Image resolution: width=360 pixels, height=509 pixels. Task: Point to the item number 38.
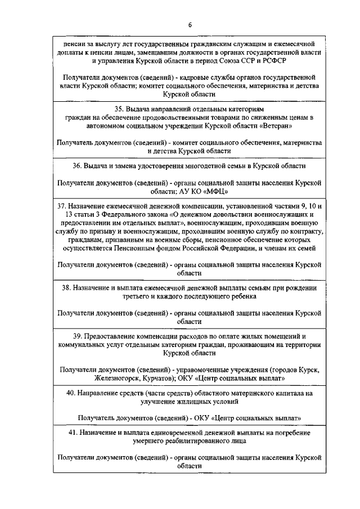coord(67,287)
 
